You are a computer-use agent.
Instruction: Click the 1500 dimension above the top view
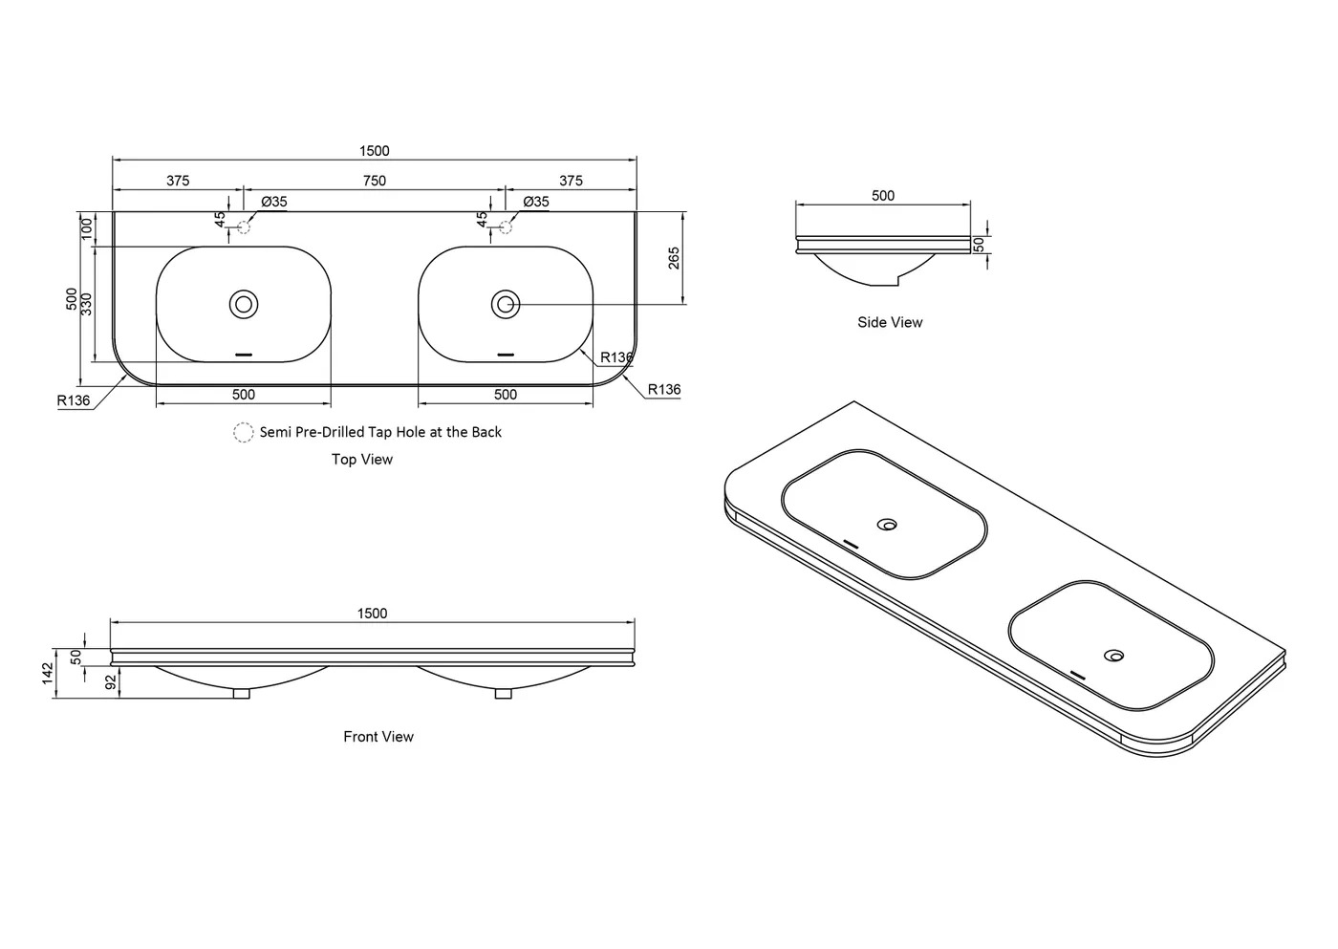click(x=375, y=151)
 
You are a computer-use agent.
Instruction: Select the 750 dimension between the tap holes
click(x=375, y=181)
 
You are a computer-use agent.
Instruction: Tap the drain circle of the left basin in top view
click(x=244, y=305)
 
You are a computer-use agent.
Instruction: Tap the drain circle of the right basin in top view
click(x=506, y=305)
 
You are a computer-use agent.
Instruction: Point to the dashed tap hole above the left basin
click(x=244, y=226)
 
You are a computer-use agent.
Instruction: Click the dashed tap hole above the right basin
click(x=506, y=226)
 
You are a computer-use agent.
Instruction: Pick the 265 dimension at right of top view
click(x=674, y=258)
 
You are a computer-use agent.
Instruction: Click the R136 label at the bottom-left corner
click(x=74, y=400)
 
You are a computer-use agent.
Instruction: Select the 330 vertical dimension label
click(x=86, y=305)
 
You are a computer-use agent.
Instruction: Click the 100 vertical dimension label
click(x=87, y=228)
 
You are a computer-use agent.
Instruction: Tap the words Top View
click(x=362, y=460)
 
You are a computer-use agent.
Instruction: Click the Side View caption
click(x=890, y=323)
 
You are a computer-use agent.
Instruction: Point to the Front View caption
click(x=378, y=737)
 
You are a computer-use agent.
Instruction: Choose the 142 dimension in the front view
click(x=48, y=674)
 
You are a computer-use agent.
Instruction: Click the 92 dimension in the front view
click(x=110, y=681)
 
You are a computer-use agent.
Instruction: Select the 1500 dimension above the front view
click(x=373, y=614)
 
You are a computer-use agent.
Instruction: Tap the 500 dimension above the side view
click(x=883, y=196)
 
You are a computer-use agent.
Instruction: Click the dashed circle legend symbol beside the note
click(x=244, y=433)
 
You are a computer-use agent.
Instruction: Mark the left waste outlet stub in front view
click(x=242, y=694)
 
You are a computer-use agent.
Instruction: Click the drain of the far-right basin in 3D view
click(x=1113, y=656)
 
